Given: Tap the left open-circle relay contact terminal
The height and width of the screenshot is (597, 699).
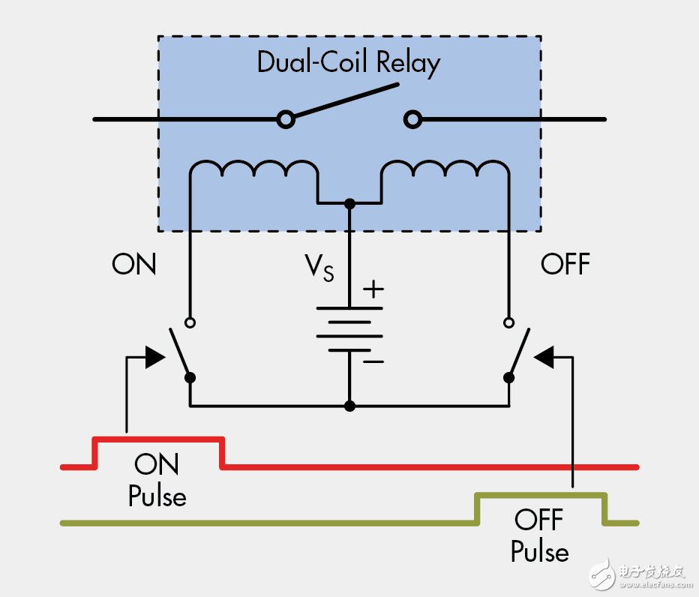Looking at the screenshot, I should (285, 119).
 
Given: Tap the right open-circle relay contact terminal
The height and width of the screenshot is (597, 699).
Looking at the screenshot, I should (412, 119).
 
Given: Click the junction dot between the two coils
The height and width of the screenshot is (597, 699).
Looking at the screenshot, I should (349, 203).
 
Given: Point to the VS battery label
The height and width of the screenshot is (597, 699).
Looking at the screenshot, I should (318, 267).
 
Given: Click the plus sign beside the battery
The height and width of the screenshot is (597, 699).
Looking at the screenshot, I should (373, 289).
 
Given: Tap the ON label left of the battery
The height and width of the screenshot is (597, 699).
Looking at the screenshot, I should (134, 264).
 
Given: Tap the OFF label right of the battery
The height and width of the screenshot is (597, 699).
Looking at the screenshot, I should (565, 264).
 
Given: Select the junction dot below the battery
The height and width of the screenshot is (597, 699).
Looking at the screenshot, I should (349, 406).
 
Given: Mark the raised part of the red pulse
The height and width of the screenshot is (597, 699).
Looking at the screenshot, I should (159, 439).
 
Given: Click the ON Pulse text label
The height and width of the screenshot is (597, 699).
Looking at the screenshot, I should (157, 480).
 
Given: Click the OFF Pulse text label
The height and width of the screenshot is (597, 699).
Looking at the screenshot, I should (540, 535).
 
